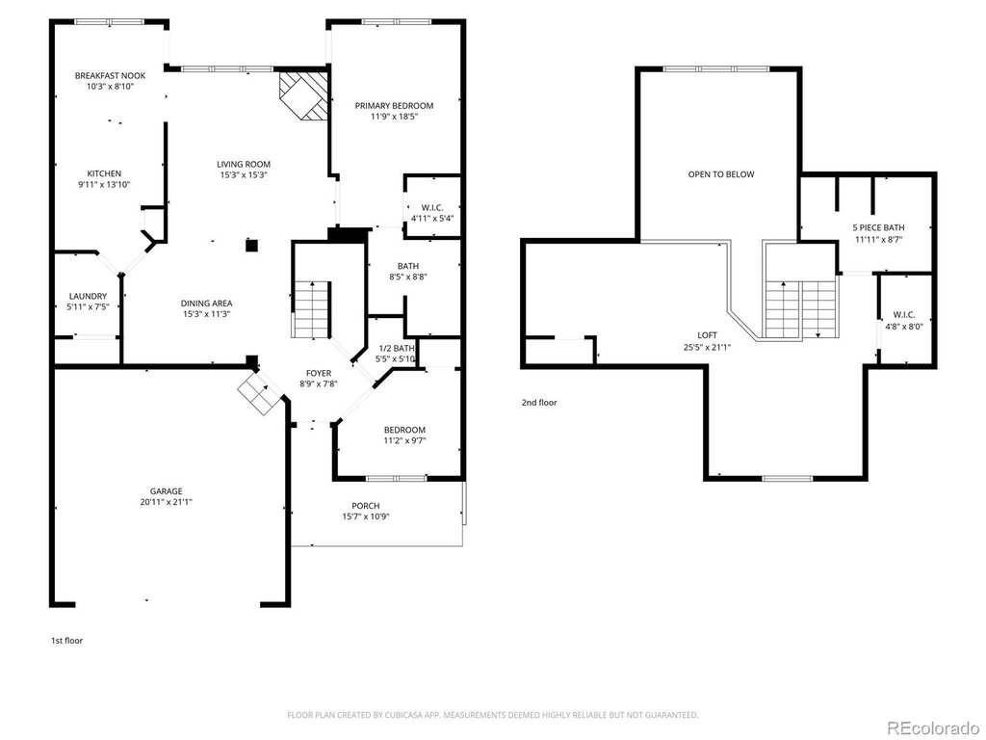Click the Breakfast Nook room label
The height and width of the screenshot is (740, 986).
pos(110,75)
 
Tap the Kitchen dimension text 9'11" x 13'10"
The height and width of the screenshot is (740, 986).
pos(104,184)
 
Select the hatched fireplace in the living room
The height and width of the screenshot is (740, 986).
pos(303,95)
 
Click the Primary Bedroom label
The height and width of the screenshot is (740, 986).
pos(394,106)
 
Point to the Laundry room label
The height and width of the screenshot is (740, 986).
pos(88,296)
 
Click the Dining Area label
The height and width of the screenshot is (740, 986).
pos(206,304)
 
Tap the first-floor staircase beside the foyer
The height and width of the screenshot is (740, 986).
pos(312,310)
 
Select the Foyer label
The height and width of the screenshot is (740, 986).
pos(319,373)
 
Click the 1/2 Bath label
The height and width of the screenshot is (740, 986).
pos(396,348)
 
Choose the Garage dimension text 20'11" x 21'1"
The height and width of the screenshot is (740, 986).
pos(166,502)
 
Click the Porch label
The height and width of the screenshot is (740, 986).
pos(365,506)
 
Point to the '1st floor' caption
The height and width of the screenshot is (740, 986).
pos(66,641)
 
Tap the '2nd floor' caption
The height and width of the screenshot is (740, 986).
pos(539,403)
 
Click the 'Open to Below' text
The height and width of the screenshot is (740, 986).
pos(721,174)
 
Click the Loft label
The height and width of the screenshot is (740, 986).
pos(707,335)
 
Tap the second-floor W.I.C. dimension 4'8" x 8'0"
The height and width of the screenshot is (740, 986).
pos(904,327)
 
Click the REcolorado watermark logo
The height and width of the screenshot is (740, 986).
pos(932,728)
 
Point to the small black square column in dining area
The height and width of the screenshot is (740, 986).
pos(251,246)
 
